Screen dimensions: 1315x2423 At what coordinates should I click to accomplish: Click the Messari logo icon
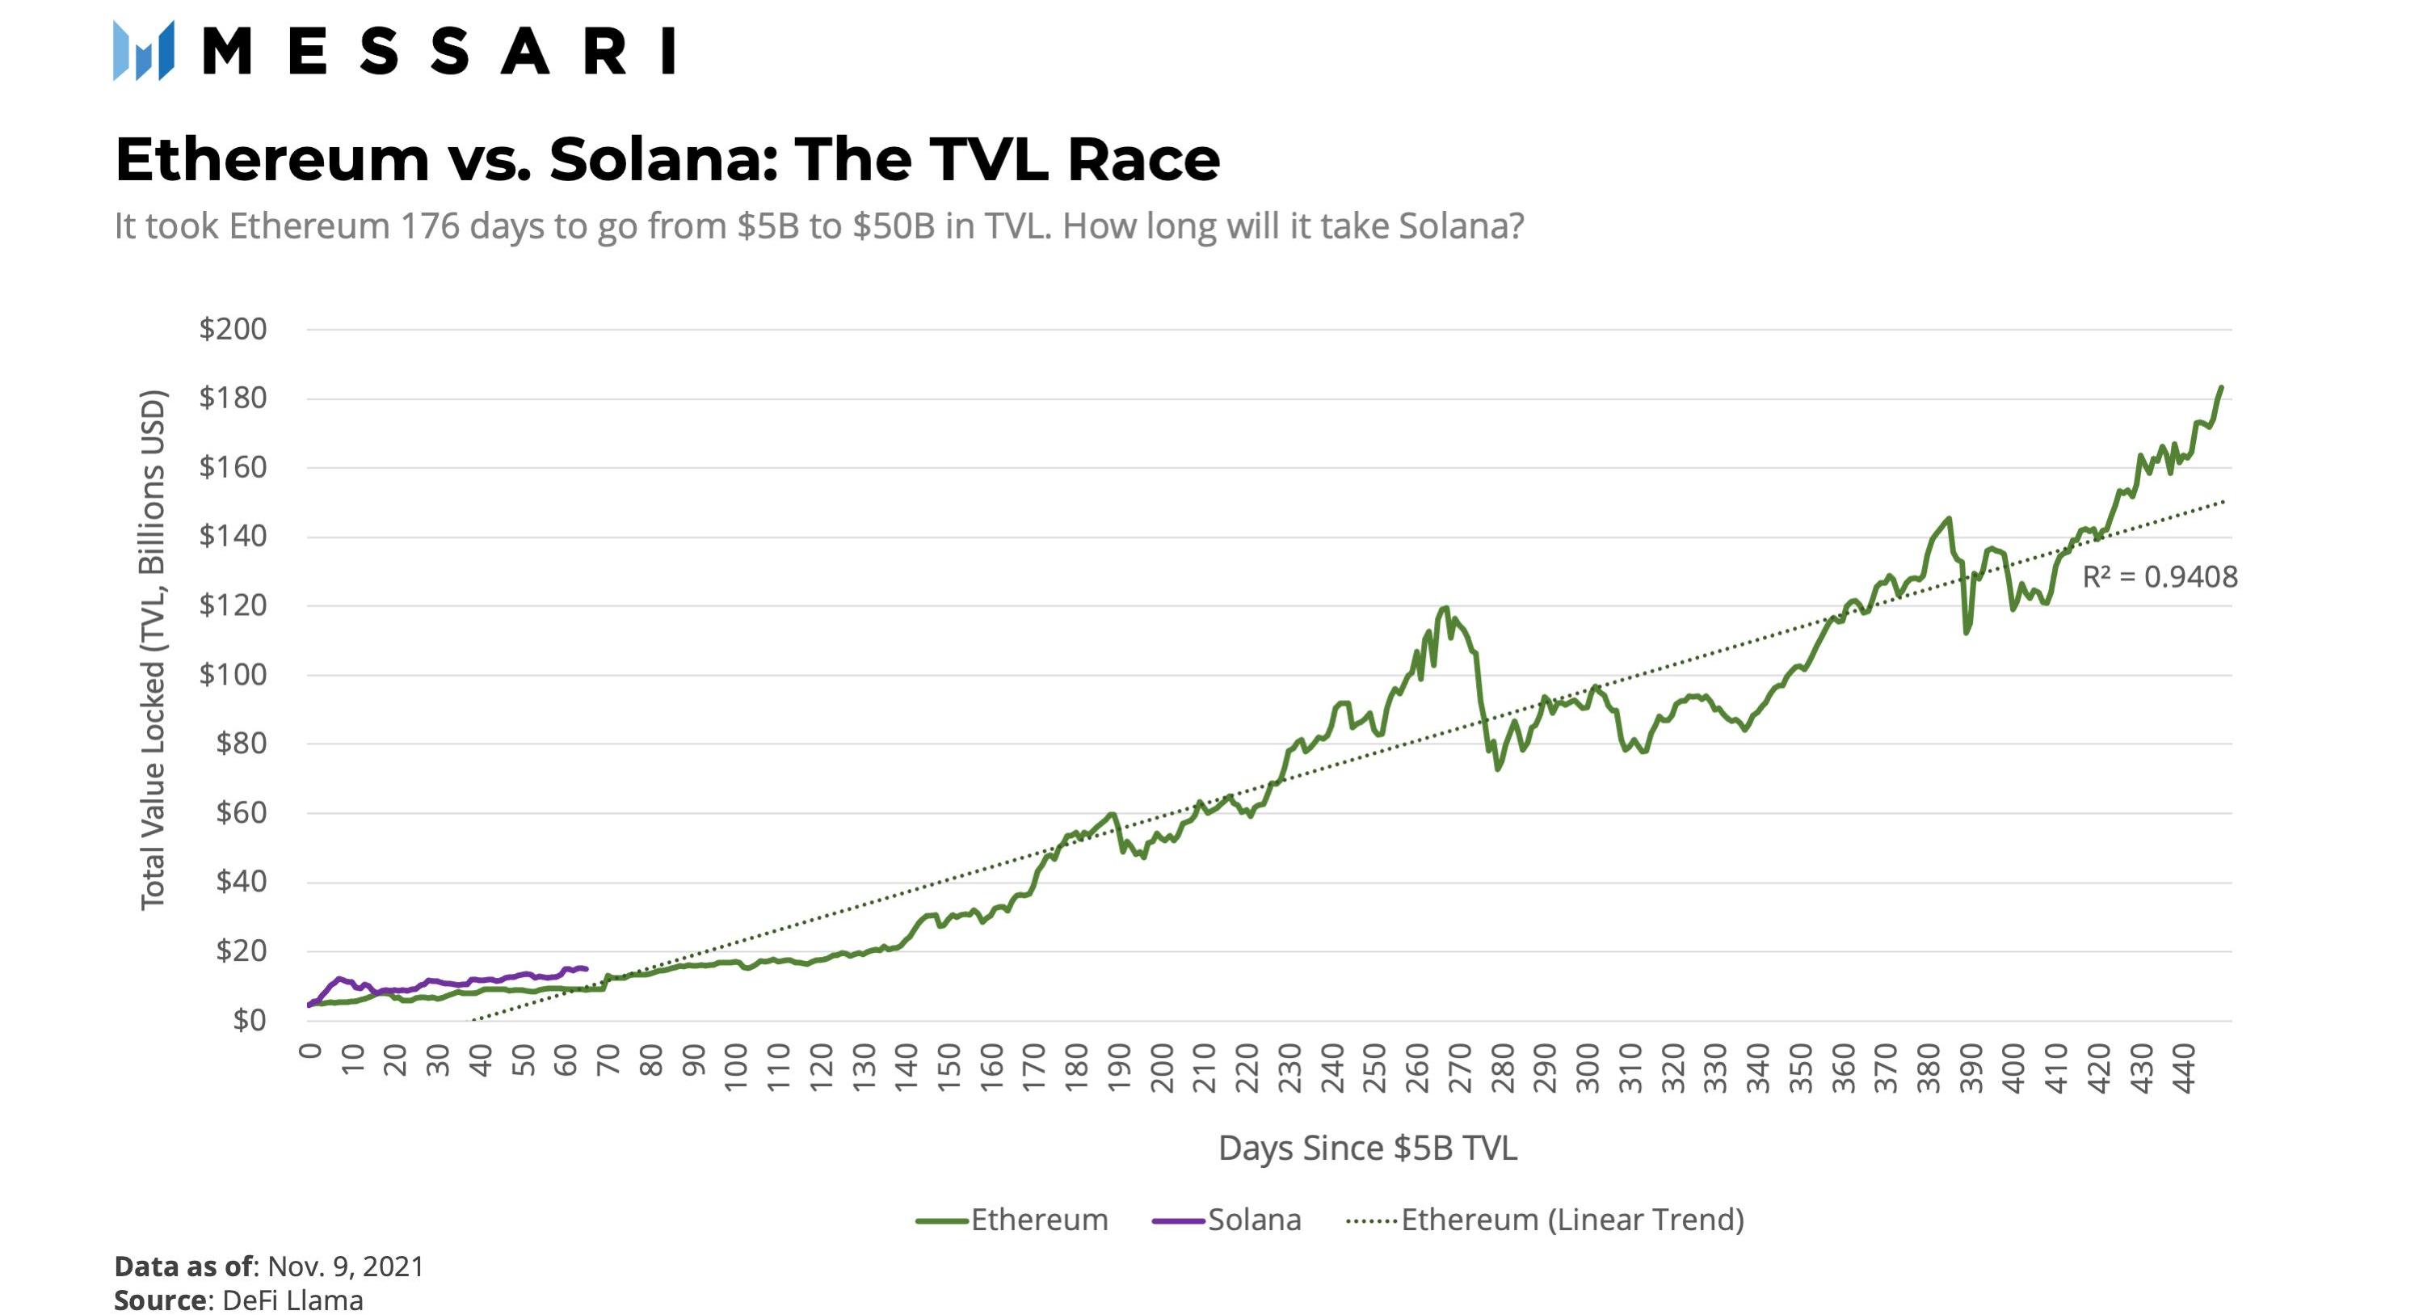[x=143, y=51]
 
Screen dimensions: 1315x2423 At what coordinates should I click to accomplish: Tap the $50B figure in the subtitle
[x=894, y=226]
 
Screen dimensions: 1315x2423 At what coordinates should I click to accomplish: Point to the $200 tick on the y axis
[x=233, y=329]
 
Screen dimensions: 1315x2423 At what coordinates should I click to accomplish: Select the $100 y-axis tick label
[x=233, y=674]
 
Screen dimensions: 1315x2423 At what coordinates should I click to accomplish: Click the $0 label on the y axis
[x=250, y=1020]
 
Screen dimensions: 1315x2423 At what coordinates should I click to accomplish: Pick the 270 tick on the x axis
[x=1460, y=1068]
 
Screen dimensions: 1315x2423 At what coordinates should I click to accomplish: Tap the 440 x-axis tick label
[x=2184, y=1068]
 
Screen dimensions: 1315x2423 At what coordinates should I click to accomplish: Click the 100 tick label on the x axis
[x=735, y=1068]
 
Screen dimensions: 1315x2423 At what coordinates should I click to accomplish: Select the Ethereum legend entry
[x=1012, y=1220]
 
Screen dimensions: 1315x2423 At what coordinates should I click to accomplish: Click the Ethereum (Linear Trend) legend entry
[x=1546, y=1220]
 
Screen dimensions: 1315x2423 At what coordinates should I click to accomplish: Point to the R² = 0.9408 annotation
[x=2160, y=576]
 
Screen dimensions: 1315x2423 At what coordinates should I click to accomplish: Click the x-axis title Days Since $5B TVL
[x=1368, y=1149]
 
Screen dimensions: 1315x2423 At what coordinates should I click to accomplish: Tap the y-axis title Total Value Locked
[x=153, y=649]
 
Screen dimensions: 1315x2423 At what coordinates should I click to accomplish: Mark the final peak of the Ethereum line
[x=2221, y=387]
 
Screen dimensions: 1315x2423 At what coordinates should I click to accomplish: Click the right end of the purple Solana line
[x=586, y=969]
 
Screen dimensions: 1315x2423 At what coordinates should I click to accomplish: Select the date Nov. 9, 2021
[x=345, y=1267]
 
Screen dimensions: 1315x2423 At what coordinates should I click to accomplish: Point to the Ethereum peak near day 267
[x=1445, y=608]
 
